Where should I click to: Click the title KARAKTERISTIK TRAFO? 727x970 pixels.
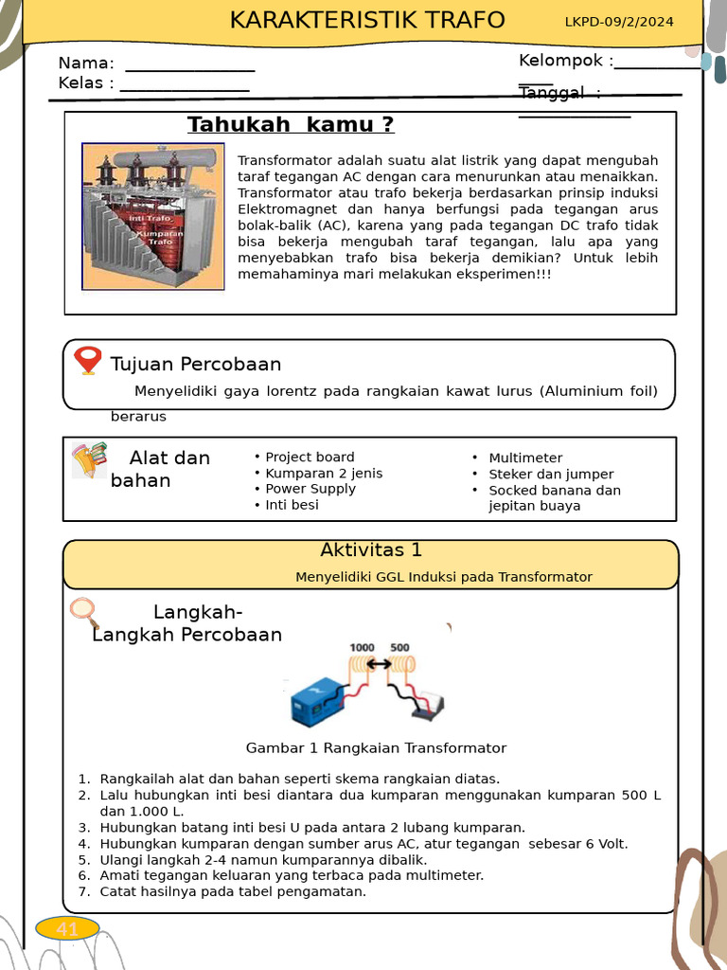(x=367, y=21)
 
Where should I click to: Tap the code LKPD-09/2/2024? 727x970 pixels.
(x=619, y=22)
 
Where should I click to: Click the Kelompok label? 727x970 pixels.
(x=565, y=61)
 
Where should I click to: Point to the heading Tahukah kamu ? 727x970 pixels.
(x=291, y=125)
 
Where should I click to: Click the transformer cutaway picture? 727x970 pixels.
(x=153, y=217)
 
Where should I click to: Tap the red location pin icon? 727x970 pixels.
(x=88, y=361)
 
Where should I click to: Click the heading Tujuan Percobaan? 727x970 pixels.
(x=196, y=365)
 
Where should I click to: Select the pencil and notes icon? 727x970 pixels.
(x=89, y=459)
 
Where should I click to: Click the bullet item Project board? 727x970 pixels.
(x=310, y=457)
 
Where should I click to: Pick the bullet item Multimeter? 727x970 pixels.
(x=525, y=458)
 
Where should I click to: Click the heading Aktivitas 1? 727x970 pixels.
(x=371, y=550)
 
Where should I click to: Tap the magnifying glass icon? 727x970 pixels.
(x=85, y=613)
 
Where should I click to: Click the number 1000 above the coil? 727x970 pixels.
(x=362, y=648)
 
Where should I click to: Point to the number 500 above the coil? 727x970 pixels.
(x=399, y=648)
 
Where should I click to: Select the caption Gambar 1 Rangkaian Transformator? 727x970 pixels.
(x=376, y=748)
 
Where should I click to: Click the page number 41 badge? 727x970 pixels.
(x=67, y=929)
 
